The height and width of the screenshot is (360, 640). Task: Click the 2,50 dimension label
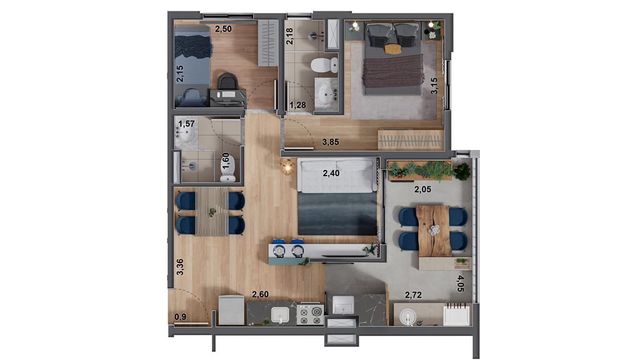pyautogui.click(x=223, y=29)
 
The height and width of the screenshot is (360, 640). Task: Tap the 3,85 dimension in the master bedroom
pyautogui.click(x=331, y=142)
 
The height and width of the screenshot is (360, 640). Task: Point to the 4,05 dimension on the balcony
pyautogui.click(x=460, y=283)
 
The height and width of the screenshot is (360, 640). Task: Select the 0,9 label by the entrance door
pyautogui.click(x=180, y=316)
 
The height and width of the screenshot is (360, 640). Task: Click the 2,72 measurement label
pyautogui.click(x=413, y=295)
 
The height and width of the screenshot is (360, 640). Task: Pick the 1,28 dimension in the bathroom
pyautogui.click(x=297, y=105)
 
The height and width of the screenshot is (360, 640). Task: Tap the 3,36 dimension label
pyautogui.click(x=179, y=267)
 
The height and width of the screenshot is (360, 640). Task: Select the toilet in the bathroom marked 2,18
pyautogui.click(x=325, y=65)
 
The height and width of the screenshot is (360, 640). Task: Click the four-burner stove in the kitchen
pyautogui.click(x=310, y=315)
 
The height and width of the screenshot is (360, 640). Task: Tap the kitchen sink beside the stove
pyautogui.click(x=281, y=314)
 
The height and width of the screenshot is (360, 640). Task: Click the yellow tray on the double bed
pyautogui.click(x=393, y=49)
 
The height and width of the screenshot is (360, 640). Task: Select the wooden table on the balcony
pyautogui.click(x=434, y=231)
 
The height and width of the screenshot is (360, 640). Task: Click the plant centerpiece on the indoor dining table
pyautogui.click(x=212, y=212)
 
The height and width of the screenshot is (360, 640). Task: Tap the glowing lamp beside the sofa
pyautogui.click(x=287, y=166)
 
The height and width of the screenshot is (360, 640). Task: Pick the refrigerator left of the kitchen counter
pyautogui.click(x=231, y=310)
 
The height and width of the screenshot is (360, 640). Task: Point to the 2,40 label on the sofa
pyautogui.click(x=331, y=173)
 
